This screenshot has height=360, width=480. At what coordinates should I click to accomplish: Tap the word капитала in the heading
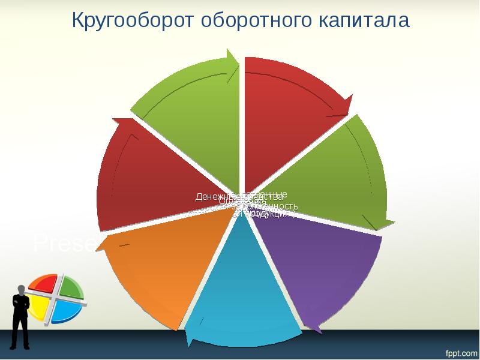click(x=363, y=21)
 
